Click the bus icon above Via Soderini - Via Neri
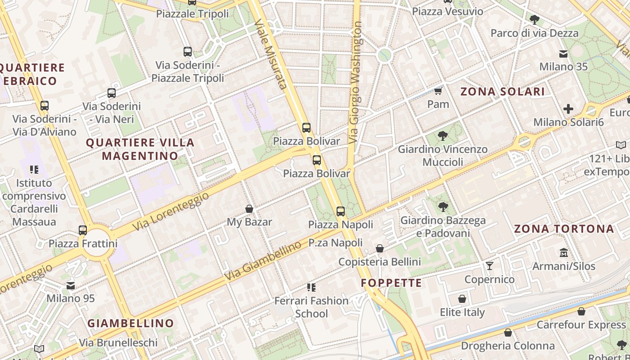[111, 93]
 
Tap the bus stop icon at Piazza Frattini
[83, 230]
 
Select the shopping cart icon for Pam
[438, 91]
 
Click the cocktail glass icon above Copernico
[490, 266]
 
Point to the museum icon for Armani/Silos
[563, 252]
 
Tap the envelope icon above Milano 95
[71, 285]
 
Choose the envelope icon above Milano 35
[563, 54]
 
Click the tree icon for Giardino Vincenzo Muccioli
[443, 135]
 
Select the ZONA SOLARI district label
[503, 92]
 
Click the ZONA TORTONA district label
[564, 229]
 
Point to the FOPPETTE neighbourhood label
[391, 283]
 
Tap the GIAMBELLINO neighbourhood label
[130, 323]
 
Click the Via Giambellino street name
[263, 261]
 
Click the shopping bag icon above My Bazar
[249, 209]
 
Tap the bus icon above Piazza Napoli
[341, 211]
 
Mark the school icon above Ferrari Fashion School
[311, 287]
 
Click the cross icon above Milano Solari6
[568, 108]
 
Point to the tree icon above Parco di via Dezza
[535, 19]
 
